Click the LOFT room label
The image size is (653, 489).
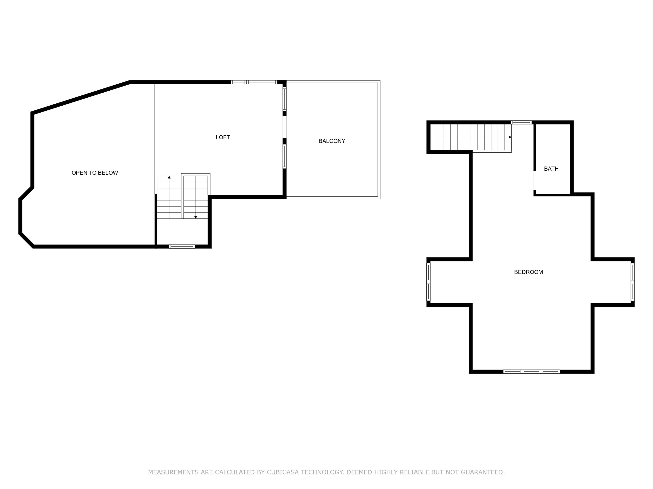click(x=223, y=137)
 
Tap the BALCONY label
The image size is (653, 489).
click(x=332, y=141)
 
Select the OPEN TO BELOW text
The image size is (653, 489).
click(x=95, y=173)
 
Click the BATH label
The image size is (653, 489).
click(x=551, y=169)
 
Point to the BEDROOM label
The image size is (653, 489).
click(x=528, y=272)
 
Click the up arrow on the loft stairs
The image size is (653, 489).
click(x=169, y=177)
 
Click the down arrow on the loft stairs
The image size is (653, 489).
click(x=196, y=217)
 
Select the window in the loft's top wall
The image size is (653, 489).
click(x=254, y=82)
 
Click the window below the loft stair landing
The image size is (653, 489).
click(x=182, y=247)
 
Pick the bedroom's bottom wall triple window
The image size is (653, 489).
click(x=531, y=372)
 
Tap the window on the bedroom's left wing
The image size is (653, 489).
click(x=428, y=282)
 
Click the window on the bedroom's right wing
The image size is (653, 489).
click(x=632, y=282)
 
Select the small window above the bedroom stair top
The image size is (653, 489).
click(x=521, y=122)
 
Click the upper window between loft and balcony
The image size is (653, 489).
click(x=284, y=99)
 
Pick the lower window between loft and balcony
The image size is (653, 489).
click(x=284, y=156)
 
